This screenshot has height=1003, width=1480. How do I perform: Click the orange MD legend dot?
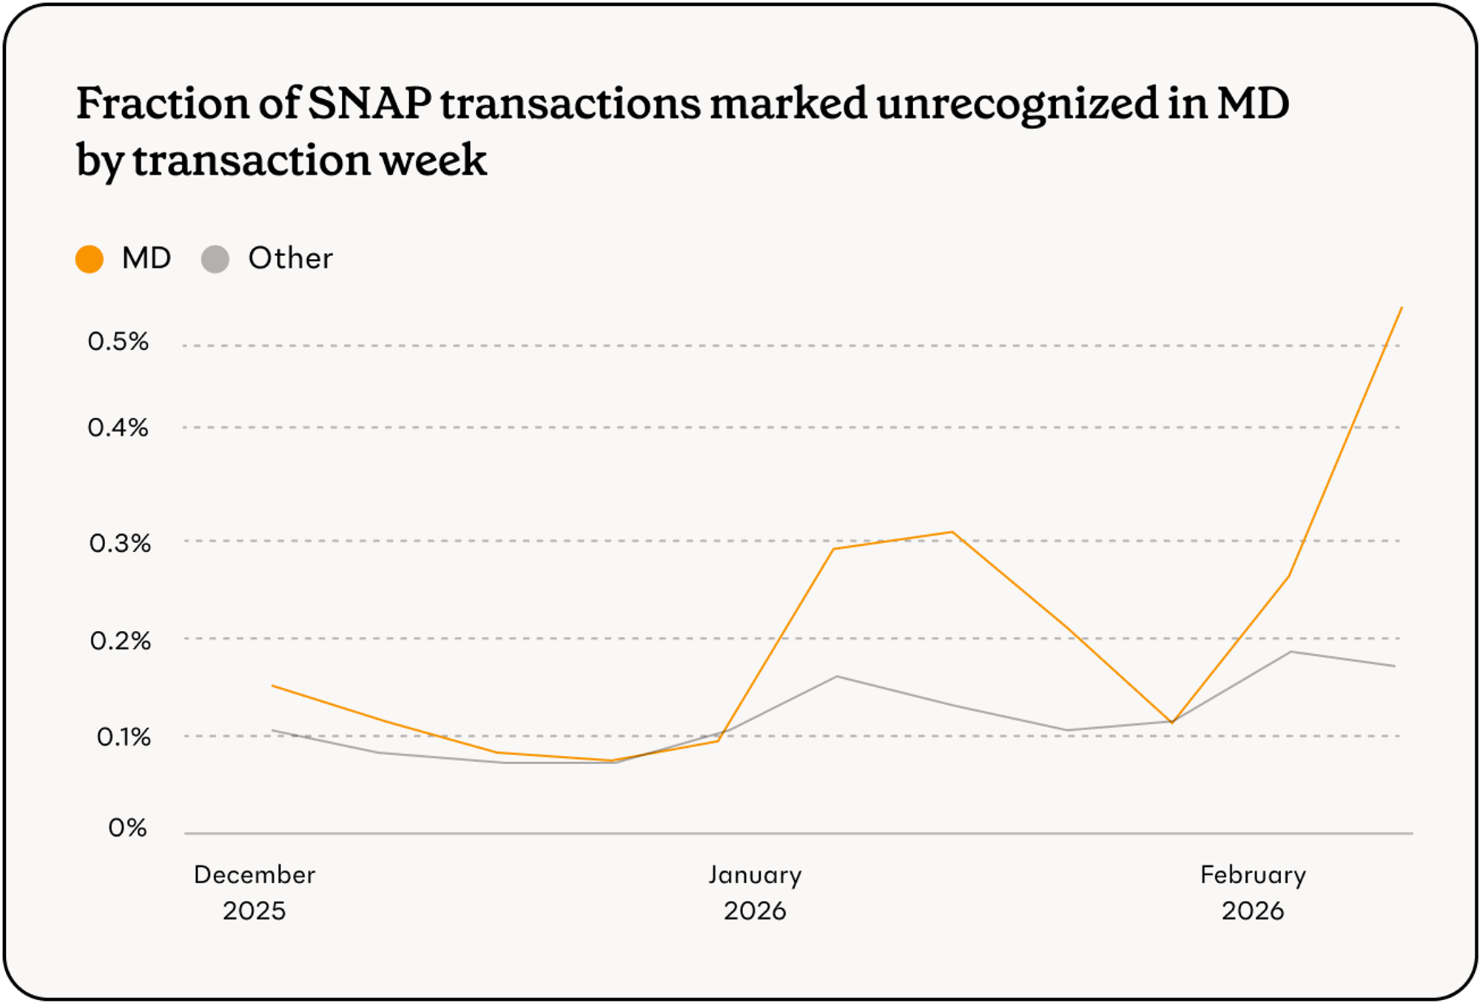(x=90, y=260)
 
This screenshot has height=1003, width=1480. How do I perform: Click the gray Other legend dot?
(x=215, y=260)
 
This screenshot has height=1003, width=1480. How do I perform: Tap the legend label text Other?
(x=290, y=258)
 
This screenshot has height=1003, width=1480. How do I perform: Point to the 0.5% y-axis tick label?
(x=118, y=342)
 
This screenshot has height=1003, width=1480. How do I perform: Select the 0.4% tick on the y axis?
(x=118, y=428)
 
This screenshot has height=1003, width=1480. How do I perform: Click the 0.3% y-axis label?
(x=120, y=544)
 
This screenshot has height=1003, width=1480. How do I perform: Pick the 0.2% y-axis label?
(x=120, y=641)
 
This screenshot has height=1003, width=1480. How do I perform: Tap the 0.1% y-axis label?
(x=123, y=737)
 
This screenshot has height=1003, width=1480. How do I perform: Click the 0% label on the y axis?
(x=127, y=828)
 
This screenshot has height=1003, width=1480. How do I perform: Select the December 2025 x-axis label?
(x=255, y=893)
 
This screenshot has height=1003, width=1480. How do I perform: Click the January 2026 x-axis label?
(x=755, y=893)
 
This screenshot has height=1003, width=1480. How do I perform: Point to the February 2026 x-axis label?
(x=1253, y=893)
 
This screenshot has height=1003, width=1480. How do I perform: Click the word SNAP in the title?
(x=369, y=103)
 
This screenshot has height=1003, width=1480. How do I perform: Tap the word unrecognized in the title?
(x=1017, y=103)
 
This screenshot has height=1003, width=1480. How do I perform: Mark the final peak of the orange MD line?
(x=1402, y=308)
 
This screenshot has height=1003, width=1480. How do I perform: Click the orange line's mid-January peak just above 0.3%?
(x=952, y=532)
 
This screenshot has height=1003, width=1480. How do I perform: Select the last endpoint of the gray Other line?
(x=1395, y=666)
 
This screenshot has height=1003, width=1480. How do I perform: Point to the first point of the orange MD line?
(x=272, y=686)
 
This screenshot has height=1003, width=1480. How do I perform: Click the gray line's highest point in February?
(x=1291, y=652)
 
